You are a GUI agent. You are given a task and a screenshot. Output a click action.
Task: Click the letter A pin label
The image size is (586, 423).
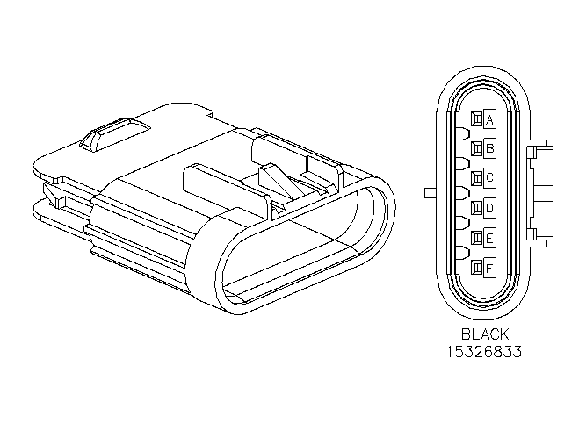pos(489,119)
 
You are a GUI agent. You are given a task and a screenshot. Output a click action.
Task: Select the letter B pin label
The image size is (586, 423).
pos(489,148)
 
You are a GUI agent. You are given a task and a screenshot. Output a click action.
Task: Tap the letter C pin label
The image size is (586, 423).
pos(489,177)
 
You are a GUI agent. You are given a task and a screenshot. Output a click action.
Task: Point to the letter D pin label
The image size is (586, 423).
pos(489,208)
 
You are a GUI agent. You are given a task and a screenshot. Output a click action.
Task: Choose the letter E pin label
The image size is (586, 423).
pos(489,238)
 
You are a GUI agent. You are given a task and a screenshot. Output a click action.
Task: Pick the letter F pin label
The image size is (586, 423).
pos(489,268)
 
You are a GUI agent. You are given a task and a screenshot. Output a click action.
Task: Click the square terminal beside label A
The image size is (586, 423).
pos(477,119)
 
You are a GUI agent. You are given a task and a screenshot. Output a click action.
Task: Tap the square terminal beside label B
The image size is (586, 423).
pos(477,148)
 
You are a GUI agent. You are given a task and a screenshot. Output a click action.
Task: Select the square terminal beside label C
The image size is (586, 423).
pos(477,177)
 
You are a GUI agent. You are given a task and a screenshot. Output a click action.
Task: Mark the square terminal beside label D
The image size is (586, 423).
pos(477,208)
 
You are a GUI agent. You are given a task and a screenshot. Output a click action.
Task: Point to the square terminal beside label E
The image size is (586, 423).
pos(477,238)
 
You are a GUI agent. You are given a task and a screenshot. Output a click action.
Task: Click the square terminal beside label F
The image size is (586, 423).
pos(477,268)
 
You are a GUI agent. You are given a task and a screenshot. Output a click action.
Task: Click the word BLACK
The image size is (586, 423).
pos(485,333)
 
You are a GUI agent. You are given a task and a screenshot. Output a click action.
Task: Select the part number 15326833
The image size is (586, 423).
pos(484,352)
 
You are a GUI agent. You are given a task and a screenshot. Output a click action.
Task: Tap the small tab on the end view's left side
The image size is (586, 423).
pos(430,193)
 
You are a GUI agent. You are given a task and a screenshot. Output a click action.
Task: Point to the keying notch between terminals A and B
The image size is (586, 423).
pos(462,133)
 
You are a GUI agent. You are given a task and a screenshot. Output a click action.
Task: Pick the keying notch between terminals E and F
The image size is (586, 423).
pos(462,253)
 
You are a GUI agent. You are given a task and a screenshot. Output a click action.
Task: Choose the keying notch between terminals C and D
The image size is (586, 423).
pos(462,193)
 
